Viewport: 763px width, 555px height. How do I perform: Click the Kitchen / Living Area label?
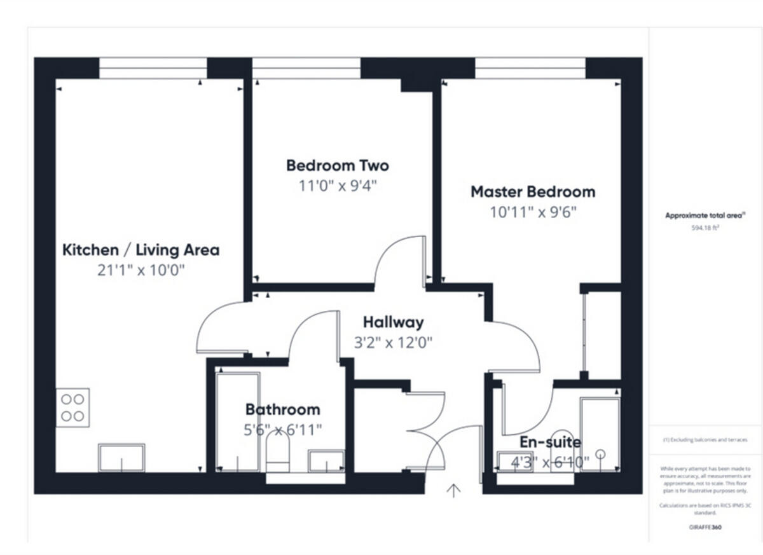tap(141, 250)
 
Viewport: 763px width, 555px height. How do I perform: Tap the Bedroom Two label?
tap(337, 166)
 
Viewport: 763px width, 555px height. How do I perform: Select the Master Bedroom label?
tap(532, 191)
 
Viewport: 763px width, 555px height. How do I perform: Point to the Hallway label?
tap(393, 322)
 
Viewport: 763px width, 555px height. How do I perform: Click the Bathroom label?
tap(282, 409)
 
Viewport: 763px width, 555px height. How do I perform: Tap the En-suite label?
tap(550, 442)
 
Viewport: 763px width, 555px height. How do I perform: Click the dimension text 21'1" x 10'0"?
tap(141, 270)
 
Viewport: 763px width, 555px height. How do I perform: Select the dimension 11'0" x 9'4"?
tap(333, 186)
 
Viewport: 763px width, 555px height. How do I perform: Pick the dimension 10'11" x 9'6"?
tap(533, 212)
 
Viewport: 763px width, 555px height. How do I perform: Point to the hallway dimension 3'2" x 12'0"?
tap(393, 343)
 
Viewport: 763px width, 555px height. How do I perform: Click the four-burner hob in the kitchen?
tap(72, 408)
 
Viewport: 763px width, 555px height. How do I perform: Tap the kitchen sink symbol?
tap(121, 457)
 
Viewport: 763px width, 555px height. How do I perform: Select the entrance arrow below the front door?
tap(453, 491)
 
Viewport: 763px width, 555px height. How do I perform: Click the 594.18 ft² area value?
tap(705, 227)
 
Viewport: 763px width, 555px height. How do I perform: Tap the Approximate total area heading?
tap(705, 216)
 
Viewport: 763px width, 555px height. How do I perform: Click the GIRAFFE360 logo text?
tap(705, 527)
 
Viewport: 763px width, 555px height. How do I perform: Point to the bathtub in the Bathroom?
tap(238, 421)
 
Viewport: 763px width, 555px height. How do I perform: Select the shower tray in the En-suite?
tap(599, 435)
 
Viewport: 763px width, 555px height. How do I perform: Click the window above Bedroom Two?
tap(306, 68)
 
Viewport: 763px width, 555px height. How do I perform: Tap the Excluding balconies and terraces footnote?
tap(705, 440)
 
